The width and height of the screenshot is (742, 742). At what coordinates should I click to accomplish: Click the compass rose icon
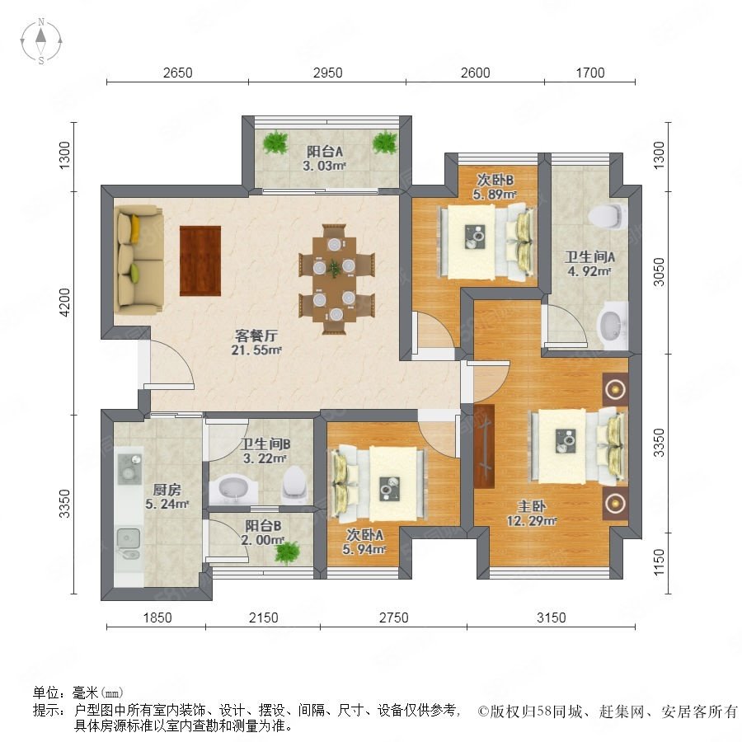point(41,41)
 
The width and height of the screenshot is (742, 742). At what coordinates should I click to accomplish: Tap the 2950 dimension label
point(327,73)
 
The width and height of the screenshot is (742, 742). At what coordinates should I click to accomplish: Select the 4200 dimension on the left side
point(64,303)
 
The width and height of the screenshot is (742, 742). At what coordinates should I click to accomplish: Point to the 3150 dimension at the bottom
point(552,618)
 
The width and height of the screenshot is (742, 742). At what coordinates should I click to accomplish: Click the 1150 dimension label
point(659,562)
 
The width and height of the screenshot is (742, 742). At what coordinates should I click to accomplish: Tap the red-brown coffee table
point(200,261)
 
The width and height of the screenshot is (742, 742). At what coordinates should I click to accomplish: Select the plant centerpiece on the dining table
point(334,268)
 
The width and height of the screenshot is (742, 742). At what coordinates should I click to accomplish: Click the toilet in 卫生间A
point(606,216)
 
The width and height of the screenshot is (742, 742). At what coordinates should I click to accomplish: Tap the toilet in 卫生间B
point(294,483)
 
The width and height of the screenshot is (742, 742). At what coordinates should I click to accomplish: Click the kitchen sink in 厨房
point(129,542)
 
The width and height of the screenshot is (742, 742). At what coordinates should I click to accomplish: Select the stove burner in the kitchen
point(129,468)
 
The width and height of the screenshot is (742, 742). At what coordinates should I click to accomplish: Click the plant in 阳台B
point(287,552)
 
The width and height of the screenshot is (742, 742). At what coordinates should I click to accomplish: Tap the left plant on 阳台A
point(275,142)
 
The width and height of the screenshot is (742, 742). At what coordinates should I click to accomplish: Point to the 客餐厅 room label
point(256,336)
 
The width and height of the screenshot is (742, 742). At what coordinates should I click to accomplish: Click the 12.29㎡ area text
point(532,521)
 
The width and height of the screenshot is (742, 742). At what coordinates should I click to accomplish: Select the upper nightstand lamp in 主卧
point(615,389)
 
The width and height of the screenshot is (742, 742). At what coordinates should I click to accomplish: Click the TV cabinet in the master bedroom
point(484,446)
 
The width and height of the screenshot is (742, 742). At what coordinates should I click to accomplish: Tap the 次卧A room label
point(364,535)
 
